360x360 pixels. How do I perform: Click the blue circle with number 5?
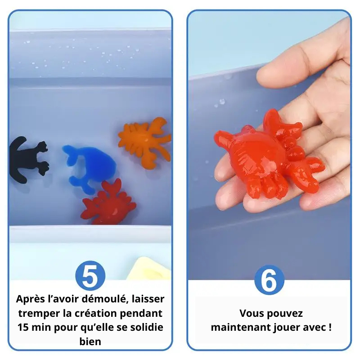pyautogui.click(x=90, y=275)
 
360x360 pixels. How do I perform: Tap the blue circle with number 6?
pyautogui.click(x=269, y=280)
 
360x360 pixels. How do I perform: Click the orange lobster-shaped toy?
pyautogui.click(x=144, y=142)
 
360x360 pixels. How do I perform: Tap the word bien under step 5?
pyautogui.click(x=90, y=342)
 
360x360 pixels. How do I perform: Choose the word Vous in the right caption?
pyautogui.click(x=251, y=313)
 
